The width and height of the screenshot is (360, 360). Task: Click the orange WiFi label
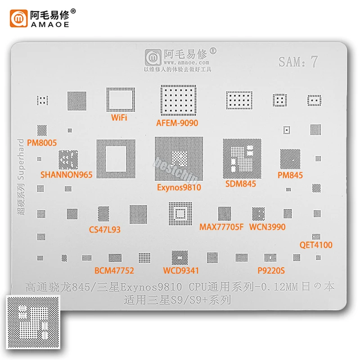pos(119,118)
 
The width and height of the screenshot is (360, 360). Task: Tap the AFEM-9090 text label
pos(177,122)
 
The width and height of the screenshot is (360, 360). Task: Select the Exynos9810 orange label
pos(179,188)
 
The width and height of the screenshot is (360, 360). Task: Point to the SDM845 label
pos(241,184)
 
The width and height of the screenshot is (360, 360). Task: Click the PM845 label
pos(290,175)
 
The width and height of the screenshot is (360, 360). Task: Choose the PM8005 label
pos(42,143)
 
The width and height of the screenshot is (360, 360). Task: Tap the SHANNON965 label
pos(66,174)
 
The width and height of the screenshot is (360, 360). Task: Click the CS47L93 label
pos(104,229)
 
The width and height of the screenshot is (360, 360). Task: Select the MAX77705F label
pos(221,227)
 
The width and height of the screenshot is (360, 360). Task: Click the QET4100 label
pos(316,245)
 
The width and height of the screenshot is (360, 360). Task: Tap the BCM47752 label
pos(114,271)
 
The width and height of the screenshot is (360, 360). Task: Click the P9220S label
pos(271,271)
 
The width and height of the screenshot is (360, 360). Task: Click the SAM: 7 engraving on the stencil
pos(298,62)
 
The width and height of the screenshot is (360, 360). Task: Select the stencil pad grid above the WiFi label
pos(120,99)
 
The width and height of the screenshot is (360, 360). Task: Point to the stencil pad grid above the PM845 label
pos(290,159)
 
